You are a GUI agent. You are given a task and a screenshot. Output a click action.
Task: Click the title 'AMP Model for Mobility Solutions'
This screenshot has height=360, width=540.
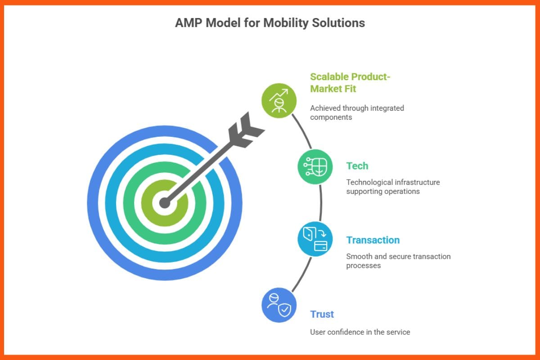(x=270, y=23)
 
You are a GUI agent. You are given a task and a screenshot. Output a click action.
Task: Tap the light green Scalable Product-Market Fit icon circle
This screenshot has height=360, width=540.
(x=279, y=100)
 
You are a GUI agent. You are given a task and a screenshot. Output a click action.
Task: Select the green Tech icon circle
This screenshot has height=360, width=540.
(x=315, y=167)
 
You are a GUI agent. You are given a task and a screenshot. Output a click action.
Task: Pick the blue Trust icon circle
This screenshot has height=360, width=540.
(x=279, y=305)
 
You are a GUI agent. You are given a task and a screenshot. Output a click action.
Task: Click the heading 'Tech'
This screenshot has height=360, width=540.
(x=357, y=166)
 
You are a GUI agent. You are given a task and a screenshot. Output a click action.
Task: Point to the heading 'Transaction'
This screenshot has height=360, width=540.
(x=373, y=240)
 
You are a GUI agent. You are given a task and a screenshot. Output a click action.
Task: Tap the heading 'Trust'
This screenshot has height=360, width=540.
(x=322, y=314)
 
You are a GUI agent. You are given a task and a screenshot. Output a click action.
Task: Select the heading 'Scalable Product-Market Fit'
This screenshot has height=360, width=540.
(x=350, y=83)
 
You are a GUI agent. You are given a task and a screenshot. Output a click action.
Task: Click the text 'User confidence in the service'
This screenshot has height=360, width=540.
(x=360, y=332)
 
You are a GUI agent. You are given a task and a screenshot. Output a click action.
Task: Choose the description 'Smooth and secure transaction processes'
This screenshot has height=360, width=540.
(x=398, y=261)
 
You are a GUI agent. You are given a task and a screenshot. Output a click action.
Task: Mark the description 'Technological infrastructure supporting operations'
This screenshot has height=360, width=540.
(x=392, y=187)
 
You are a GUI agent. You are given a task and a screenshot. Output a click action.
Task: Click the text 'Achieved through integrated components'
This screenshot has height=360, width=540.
(x=357, y=112)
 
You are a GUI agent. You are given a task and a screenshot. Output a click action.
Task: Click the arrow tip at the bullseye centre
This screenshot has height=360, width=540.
(x=165, y=203)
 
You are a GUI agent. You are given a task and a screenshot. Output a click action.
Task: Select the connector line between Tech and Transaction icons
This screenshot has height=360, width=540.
(x=321, y=203)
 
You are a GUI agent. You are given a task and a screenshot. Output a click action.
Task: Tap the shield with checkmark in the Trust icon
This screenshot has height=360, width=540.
(x=284, y=310)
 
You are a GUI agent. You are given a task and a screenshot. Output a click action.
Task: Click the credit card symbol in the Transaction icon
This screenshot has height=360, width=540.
(x=320, y=246)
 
